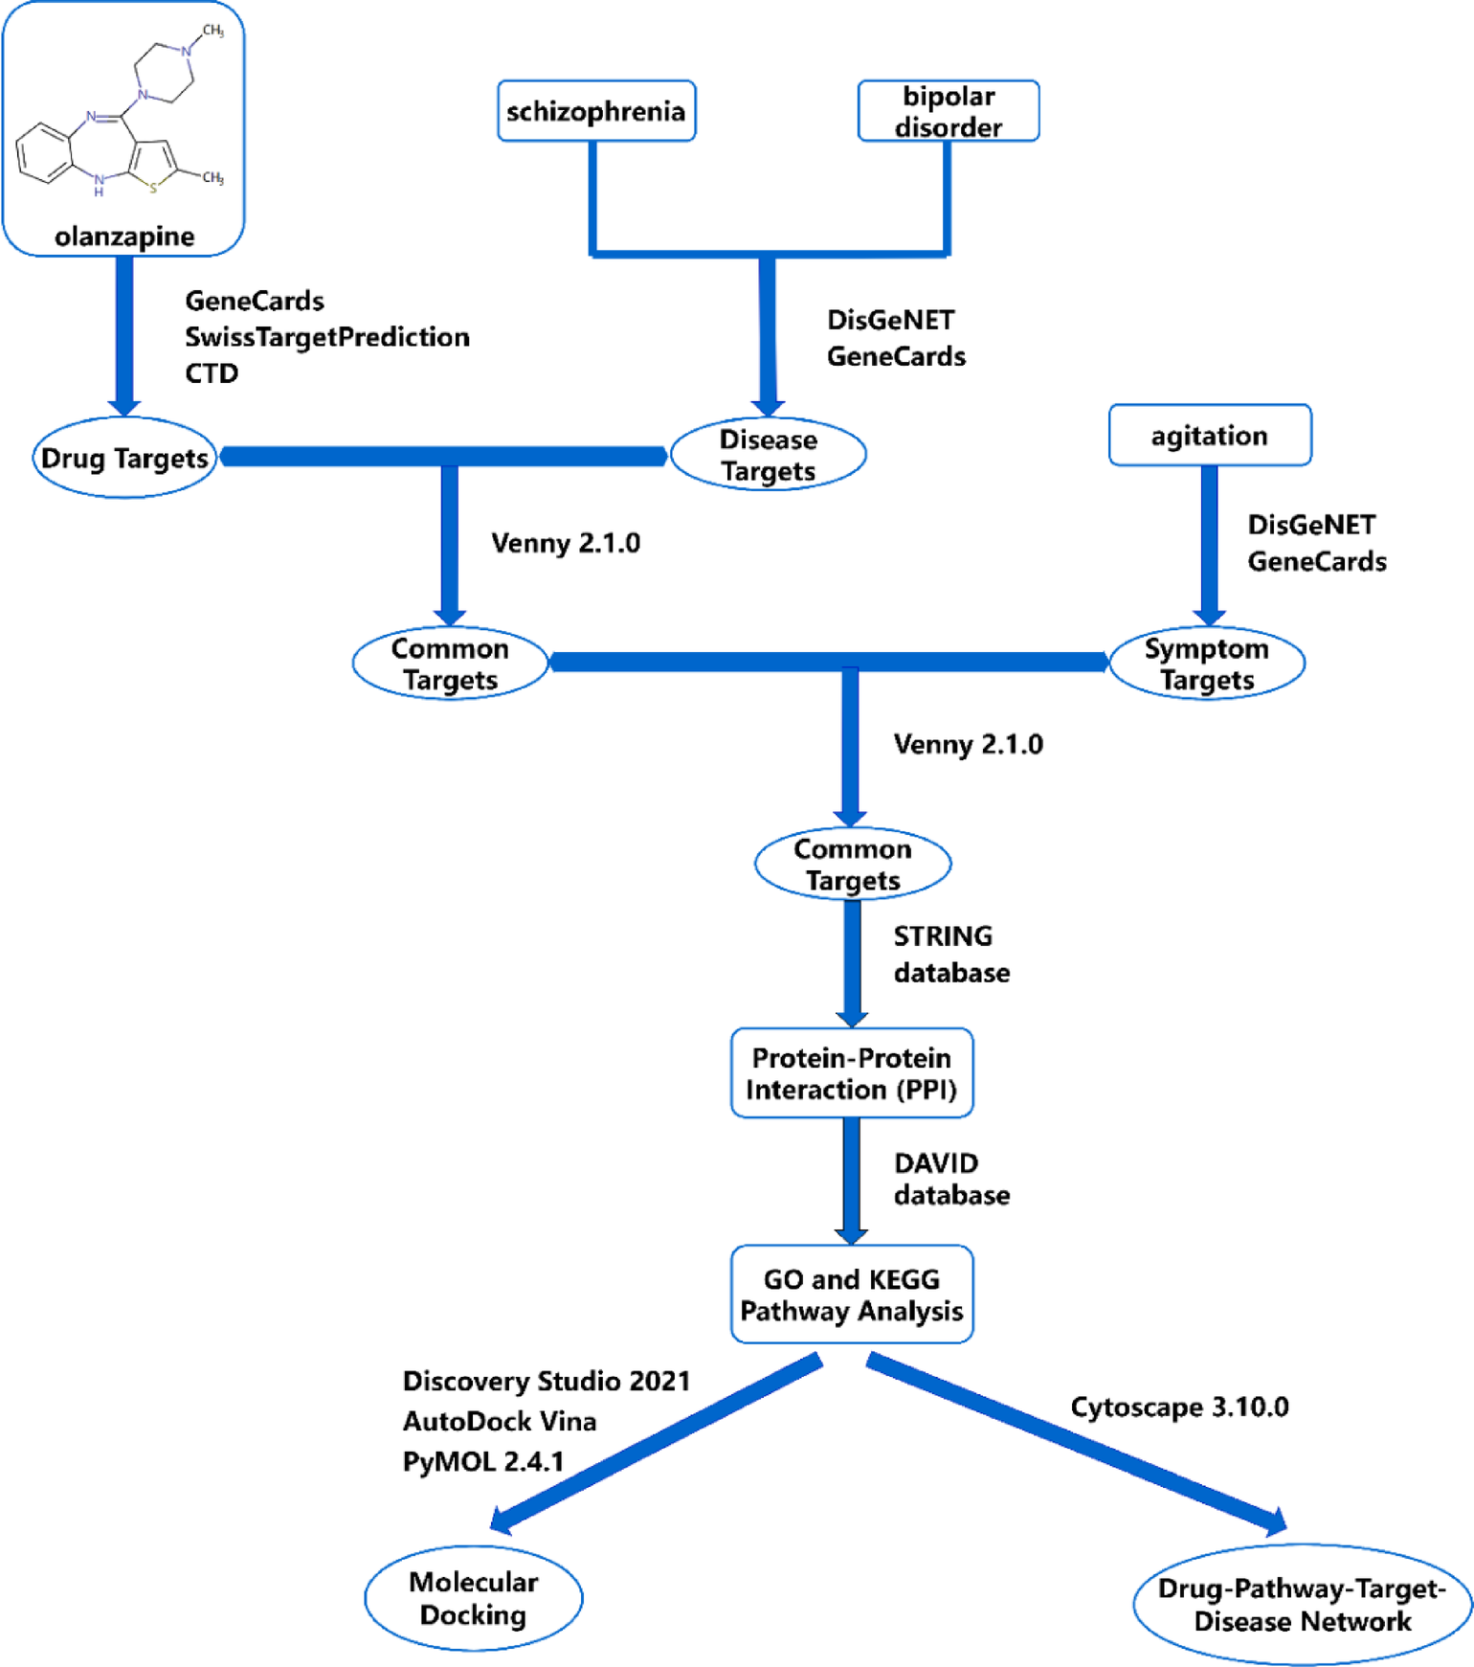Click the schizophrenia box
[x=595, y=111]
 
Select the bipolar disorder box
[x=948, y=111]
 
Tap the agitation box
[x=1209, y=436]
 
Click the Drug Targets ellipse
[x=124, y=458]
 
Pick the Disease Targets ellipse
[x=768, y=455]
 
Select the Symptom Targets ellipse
[x=1206, y=663]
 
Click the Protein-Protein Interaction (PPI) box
[x=851, y=1073]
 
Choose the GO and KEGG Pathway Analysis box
[x=851, y=1295]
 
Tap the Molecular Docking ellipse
[x=473, y=1598]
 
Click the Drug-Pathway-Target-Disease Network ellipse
[x=1302, y=1605]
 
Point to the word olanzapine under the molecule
[x=124, y=237]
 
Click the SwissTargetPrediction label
[x=326, y=337]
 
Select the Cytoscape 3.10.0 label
[x=1179, y=1407]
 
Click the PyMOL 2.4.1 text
[x=483, y=1461]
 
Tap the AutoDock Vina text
[x=500, y=1421]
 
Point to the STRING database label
[x=950, y=954]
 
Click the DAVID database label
[x=950, y=1179]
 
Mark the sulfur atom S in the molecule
[x=153, y=188]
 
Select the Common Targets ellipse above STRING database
[x=852, y=864]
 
